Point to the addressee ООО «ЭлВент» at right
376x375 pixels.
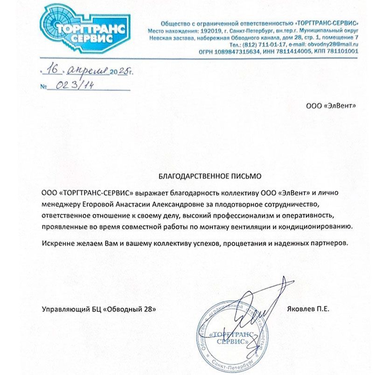coord(330,106)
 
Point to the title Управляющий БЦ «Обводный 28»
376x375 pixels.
coord(97,309)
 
